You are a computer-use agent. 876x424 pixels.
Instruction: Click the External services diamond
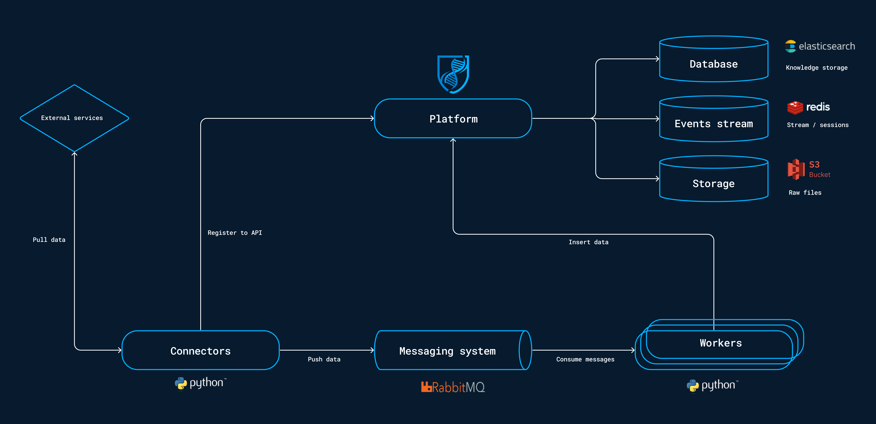tap(74, 118)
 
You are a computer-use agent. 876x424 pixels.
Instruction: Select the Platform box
tap(453, 119)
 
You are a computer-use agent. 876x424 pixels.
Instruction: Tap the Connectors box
tap(200, 351)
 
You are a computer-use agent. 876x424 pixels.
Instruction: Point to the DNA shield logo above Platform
tap(453, 74)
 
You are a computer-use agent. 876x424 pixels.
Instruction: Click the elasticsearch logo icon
tap(790, 46)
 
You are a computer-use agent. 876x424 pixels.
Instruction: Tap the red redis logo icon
tap(795, 108)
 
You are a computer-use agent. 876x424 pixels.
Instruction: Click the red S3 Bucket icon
tap(796, 169)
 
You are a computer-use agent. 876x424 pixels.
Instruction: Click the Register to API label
tap(235, 233)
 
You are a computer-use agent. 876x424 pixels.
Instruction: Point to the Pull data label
tap(49, 240)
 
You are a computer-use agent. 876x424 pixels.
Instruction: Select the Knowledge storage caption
tap(817, 68)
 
